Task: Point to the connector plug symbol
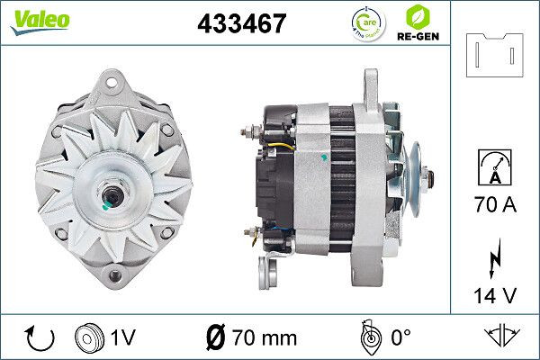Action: (496, 55)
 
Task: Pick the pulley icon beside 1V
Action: (89, 337)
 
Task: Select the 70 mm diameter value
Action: (262, 337)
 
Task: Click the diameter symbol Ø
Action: (217, 337)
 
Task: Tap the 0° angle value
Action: (401, 337)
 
